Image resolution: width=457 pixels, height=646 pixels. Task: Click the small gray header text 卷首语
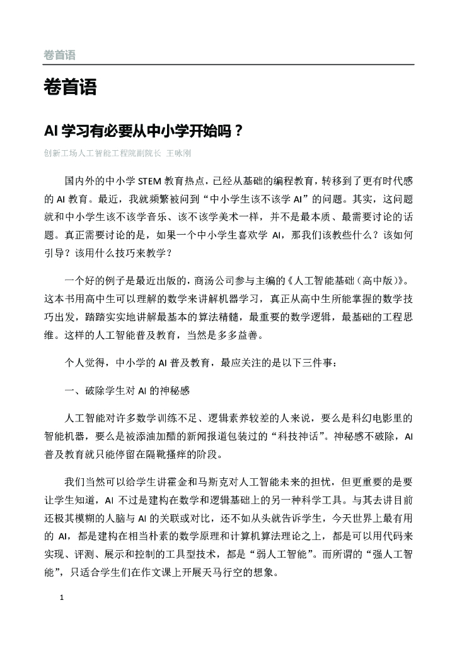tap(59, 56)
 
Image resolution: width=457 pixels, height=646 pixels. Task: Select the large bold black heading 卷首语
tap(70, 88)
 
